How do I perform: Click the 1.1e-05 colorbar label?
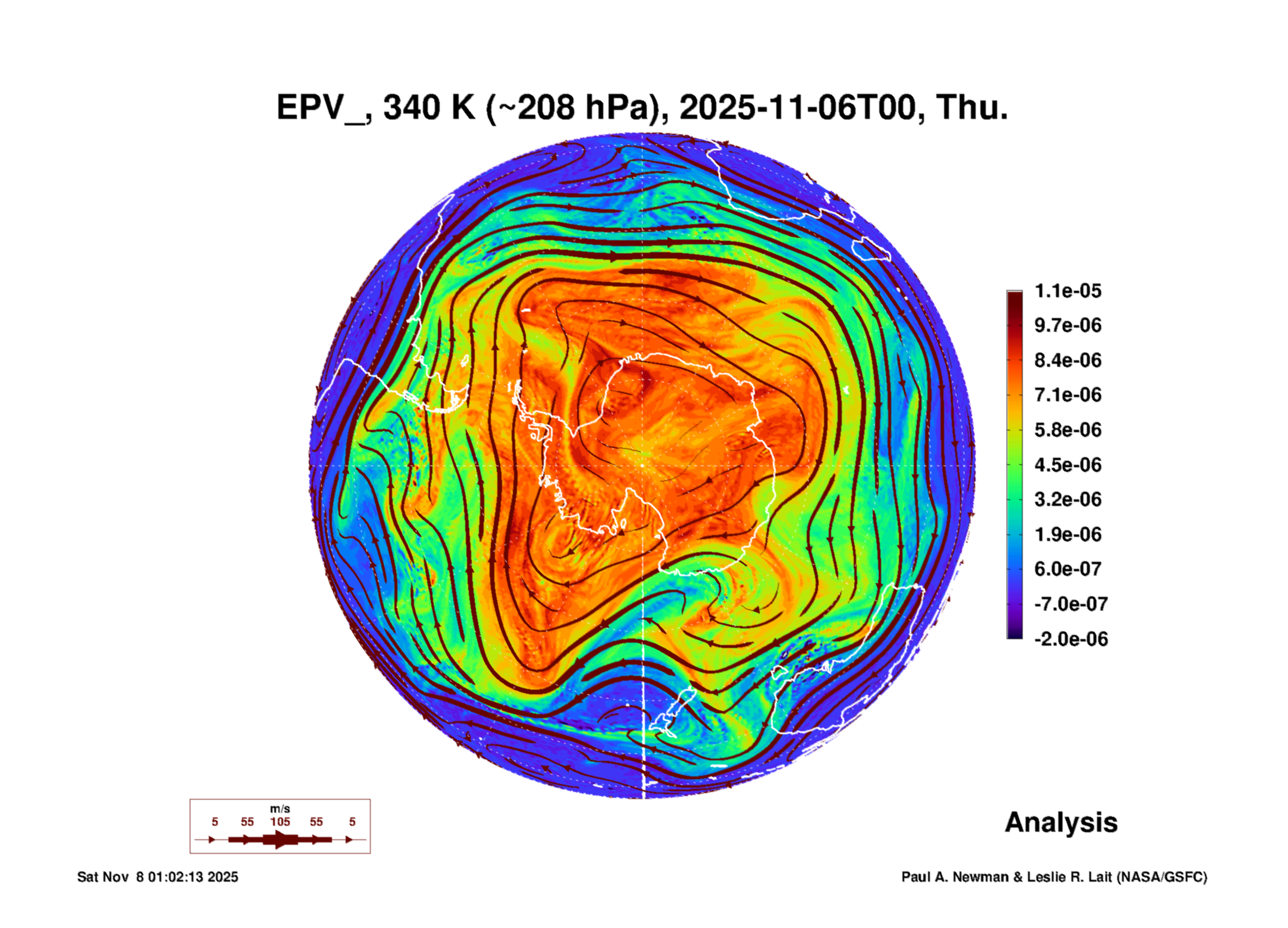point(1067,291)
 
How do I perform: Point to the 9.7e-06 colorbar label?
point(1067,325)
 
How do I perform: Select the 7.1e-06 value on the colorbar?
point(1067,395)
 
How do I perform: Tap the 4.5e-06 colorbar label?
point(1067,464)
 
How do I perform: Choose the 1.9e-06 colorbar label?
point(1067,534)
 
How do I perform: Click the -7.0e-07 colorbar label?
point(1070,604)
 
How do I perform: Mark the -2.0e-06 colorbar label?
point(1070,639)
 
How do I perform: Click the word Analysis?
point(1061,822)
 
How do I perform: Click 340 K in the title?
point(429,108)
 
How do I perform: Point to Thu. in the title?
point(972,108)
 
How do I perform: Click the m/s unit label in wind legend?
point(280,809)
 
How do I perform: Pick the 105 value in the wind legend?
point(280,822)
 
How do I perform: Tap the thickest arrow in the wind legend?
point(280,839)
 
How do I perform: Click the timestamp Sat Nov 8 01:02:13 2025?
point(158,877)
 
